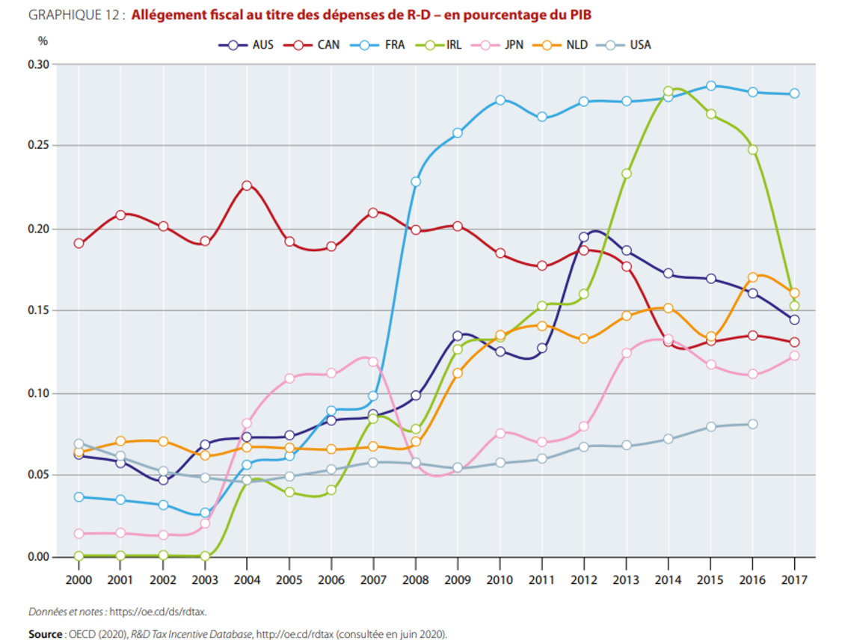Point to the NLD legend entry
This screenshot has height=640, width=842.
pyautogui.click(x=562, y=45)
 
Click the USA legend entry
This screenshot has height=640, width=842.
pyautogui.click(x=626, y=45)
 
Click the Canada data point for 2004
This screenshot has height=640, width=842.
pyautogui.click(x=247, y=185)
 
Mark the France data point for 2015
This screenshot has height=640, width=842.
pyautogui.click(x=710, y=86)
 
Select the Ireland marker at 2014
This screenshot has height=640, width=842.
pyautogui.click(x=669, y=92)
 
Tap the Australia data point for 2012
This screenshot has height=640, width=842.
pyautogui.click(x=584, y=237)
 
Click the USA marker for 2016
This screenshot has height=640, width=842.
pyautogui.click(x=752, y=424)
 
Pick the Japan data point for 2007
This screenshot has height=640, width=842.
pyautogui.click(x=373, y=362)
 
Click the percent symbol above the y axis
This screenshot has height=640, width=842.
pyautogui.click(x=43, y=42)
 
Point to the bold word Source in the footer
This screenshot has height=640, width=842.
pyautogui.click(x=45, y=634)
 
